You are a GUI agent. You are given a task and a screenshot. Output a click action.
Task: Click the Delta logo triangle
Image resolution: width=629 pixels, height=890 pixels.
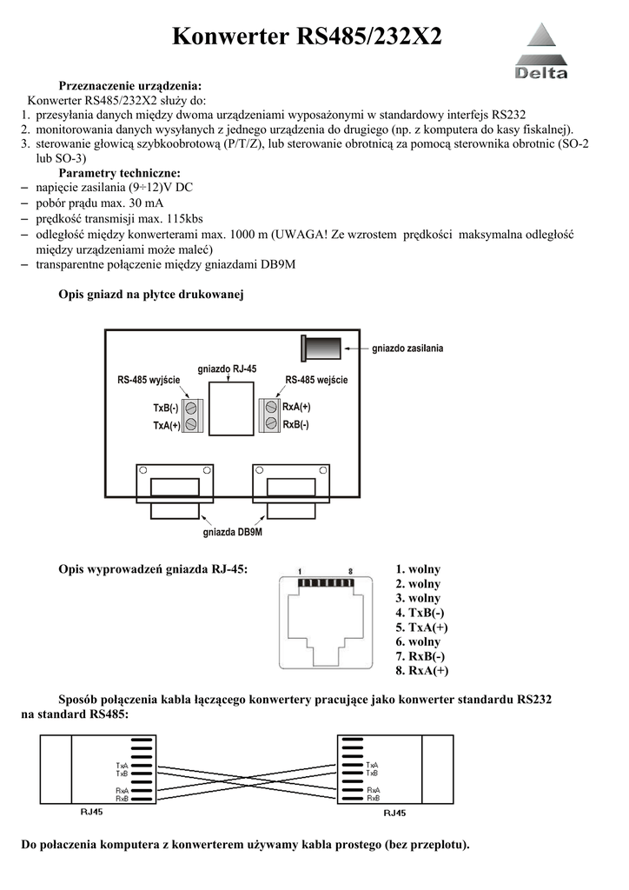click(541, 42)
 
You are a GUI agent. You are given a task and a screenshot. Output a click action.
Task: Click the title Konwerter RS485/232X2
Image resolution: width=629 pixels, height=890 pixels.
click(307, 37)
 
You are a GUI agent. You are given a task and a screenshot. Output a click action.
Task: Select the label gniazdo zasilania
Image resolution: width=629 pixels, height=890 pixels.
click(407, 349)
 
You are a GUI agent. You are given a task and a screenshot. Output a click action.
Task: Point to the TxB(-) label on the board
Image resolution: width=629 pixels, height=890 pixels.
click(166, 408)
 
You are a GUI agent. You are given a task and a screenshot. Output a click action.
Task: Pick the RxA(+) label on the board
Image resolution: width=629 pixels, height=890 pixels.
click(297, 407)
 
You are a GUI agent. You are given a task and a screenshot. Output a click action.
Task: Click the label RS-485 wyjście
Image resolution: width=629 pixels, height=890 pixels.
click(149, 381)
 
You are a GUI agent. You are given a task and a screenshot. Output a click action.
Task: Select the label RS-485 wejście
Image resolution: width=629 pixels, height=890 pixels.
click(316, 381)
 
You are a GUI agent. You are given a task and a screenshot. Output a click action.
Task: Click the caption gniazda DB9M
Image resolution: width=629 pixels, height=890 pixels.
click(232, 531)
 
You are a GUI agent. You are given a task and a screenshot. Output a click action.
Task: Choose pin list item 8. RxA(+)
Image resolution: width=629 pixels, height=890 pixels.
click(421, 671)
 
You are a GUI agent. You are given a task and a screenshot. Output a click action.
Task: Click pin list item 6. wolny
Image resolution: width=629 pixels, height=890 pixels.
click(417, 641)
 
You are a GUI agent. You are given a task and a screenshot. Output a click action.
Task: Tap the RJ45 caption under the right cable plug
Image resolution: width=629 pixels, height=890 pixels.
click(394, 814)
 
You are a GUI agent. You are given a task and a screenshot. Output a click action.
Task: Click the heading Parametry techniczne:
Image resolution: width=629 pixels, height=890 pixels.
click(119, 173)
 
